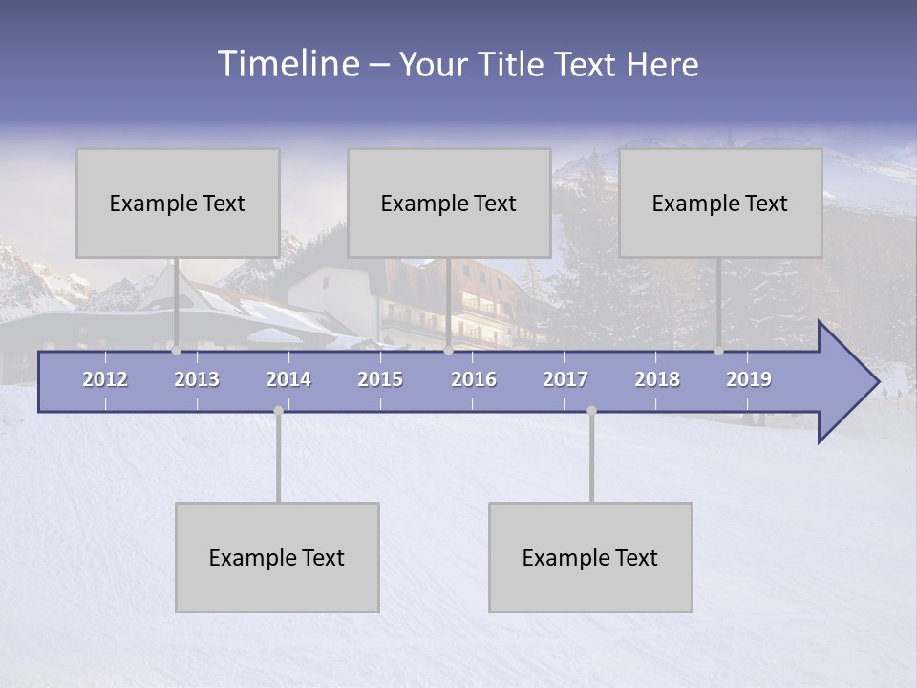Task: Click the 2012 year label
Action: tap(105, 379)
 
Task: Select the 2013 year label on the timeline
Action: tap(197, 379)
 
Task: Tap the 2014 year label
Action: tap(288, 379)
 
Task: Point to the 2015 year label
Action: tap(380, 379)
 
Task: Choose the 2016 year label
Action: tap(474, 379)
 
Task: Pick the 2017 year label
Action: tap(565, 379)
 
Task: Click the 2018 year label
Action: tap(657, 379)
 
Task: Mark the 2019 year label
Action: tap(749, 379)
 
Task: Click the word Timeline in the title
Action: tap(287, 64)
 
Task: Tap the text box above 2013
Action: tap(178, 203)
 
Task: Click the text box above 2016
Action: tap(449, 203)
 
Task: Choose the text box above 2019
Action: tap(720, 203)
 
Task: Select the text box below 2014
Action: tap(277, 557)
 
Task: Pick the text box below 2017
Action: tap(590, 557)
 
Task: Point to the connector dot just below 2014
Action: tap(278, 411)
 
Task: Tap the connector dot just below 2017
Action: tap(591, 411)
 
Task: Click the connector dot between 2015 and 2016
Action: tap(448, 351)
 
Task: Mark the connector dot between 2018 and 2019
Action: tap(718, 351)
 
